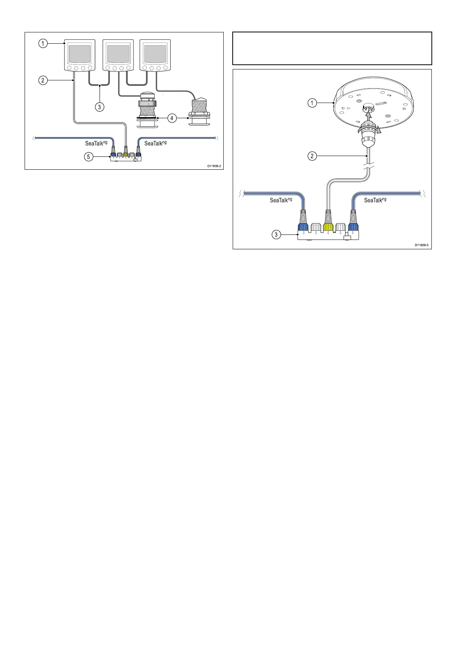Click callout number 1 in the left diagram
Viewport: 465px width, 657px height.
(43, 43)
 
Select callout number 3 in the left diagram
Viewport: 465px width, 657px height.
(100, 107)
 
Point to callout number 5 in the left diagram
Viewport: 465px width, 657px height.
(89, 157)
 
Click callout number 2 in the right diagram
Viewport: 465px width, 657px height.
(312, 156)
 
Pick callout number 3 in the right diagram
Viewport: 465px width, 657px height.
(276, 235)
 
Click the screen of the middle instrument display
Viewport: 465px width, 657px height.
(118, 54)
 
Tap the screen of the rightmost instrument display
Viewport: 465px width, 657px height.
(155, 54)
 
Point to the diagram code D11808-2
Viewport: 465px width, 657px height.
(214, 166)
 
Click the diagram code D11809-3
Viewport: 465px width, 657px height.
(422, 245)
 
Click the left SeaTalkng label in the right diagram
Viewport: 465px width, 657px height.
(281, 200)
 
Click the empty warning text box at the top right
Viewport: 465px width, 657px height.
(332, 48)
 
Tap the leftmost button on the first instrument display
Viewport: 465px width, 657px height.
(69, 68)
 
